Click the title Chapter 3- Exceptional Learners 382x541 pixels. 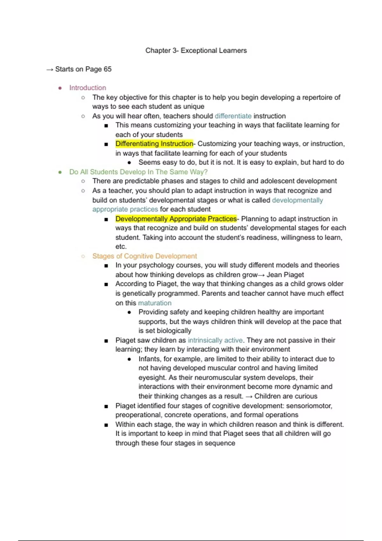196,51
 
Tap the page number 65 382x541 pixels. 107,69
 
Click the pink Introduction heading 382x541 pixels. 88,88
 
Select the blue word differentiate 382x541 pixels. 233,116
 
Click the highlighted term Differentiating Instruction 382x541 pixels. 154,144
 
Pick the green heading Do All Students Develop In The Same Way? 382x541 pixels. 138,172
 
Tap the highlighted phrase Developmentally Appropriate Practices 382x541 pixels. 176,219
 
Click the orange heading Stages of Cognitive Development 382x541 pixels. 145,256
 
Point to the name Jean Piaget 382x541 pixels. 285,275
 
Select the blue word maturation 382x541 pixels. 155,303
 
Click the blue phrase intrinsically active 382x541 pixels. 215,340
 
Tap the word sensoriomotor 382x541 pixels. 309,406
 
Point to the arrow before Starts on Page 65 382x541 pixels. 50,69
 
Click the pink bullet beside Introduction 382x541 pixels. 60,88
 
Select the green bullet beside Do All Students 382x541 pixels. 60,172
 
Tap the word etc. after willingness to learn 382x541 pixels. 121,247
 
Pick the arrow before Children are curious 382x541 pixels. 249,397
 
